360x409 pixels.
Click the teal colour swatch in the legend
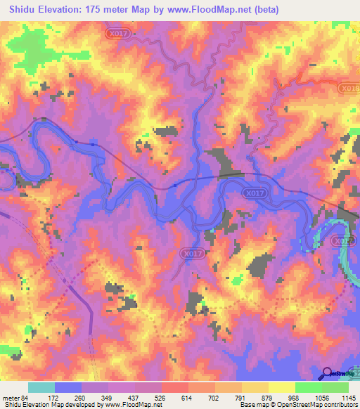(x=41, y=388)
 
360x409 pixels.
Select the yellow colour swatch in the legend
(x=281, y=388)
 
